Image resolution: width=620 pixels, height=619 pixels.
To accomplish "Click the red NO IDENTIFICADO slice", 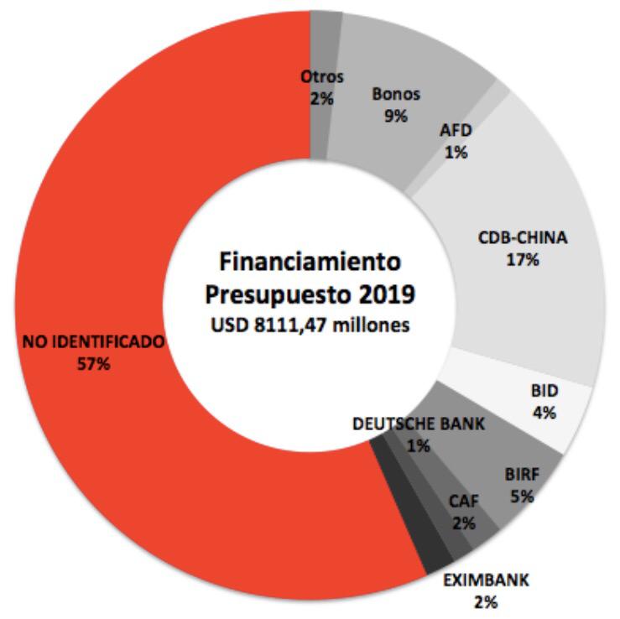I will pos(126,210).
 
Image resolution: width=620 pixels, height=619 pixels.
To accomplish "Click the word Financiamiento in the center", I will pos(310,261).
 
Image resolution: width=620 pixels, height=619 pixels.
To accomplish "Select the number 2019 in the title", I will pos(387,296).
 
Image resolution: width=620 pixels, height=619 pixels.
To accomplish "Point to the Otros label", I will pos(322,77).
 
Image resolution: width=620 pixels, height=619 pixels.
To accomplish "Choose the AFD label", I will pos(456,132).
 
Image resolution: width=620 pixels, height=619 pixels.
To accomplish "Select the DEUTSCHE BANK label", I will pos(419,424).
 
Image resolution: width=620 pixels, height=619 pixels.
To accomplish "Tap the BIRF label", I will pos(522,476).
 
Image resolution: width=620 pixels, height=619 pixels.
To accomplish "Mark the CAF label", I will pos(463,503).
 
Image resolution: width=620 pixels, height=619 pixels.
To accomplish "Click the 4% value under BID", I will pos(544,412).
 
